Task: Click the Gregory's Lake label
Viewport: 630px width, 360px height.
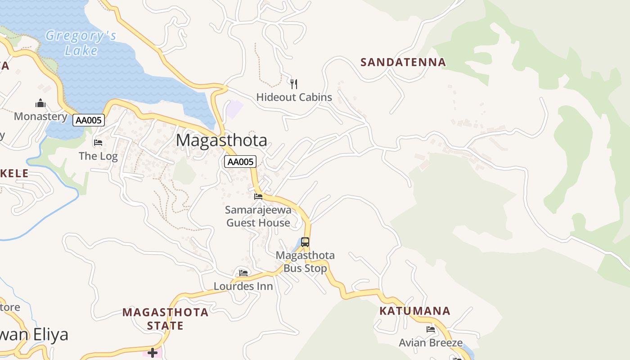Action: coord(81,43)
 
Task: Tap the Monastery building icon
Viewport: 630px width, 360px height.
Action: coord(40,103)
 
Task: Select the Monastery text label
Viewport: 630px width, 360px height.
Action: coord(40,117)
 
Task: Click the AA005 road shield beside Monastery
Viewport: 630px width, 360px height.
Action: coord(89,120)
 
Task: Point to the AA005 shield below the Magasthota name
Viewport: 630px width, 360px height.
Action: coord(240,162)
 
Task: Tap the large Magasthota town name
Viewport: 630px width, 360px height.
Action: coord(221,140)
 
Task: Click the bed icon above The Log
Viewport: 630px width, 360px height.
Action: coord(98,143)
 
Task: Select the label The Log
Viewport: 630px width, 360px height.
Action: coord(98,156)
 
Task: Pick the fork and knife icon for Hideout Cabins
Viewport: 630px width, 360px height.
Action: coord(294,84)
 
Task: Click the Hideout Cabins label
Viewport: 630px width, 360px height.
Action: coord(294,97)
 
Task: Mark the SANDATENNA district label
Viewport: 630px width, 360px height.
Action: coord(403,62)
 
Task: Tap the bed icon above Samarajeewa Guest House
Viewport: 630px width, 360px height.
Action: coord(258,197)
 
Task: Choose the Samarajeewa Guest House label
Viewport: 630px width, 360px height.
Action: coord(258,216)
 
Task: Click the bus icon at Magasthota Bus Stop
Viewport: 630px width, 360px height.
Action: coord(305,242)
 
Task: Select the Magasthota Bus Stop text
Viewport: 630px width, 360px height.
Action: coord(305,262)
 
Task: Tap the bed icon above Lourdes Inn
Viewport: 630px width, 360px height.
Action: coord(243,273)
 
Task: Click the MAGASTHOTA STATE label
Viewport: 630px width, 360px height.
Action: coord(165,319)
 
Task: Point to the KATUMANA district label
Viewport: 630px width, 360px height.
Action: coord(414,311)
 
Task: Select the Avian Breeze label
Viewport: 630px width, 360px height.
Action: coord(431,343)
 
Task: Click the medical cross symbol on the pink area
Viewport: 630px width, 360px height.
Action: coord(153,352)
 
